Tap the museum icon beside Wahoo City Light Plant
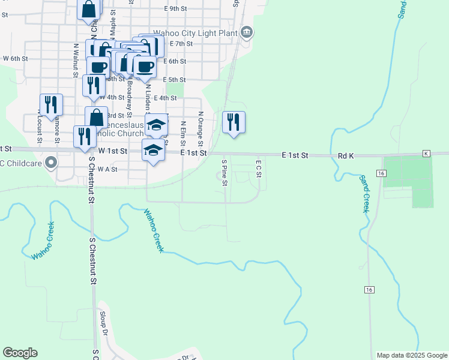[246, 33]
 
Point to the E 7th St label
[181, 44]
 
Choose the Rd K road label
[346, 155]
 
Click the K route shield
[427, 154]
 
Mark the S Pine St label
[224, 172]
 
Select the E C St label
[259, 168]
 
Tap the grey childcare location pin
[51, 161]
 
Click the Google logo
[20, 353]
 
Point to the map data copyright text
[411, 355]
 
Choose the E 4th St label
[165, 98]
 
